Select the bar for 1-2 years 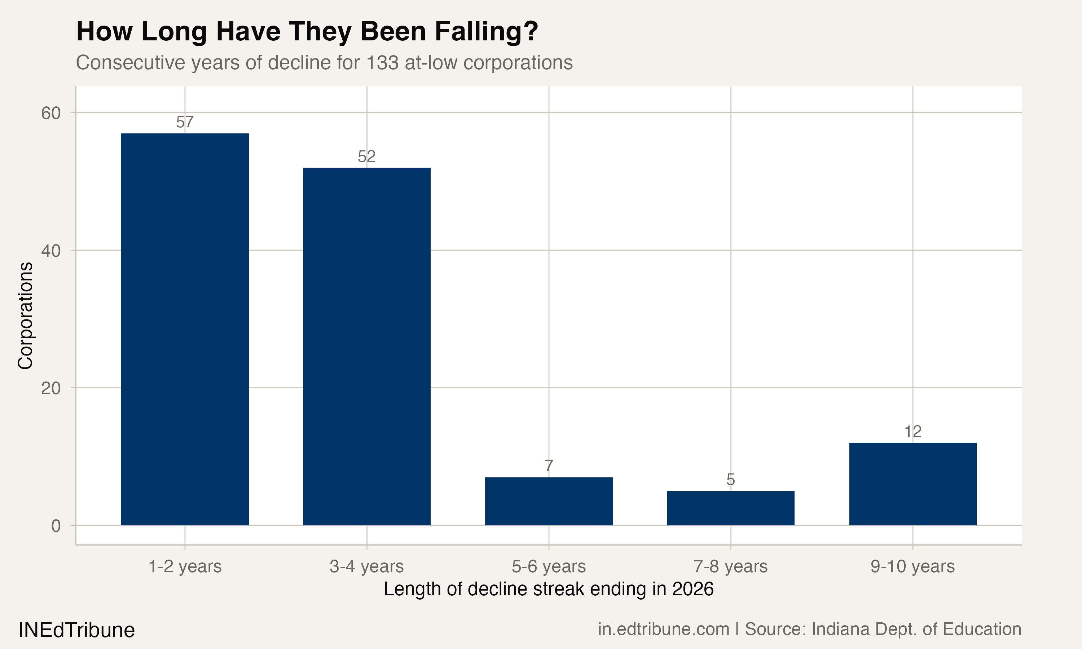click(185, 329)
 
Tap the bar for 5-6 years click(549, 501)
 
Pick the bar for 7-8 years click(730, 508)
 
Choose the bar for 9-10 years click(913, 484)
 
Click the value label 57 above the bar click(185, 122)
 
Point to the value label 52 click(366, 156)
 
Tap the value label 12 click(913, 432)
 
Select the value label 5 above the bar click(730, 480)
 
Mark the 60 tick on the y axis click(51, 113)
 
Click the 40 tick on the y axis click(51, 251)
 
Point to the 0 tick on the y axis click(56, 526)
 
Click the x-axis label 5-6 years click(549, 566)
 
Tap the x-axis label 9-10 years click(913, 566)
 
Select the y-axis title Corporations click(25, 315)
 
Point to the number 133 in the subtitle click(382, 62)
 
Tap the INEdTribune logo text click(76, 630)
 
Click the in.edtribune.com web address click(664, 629)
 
